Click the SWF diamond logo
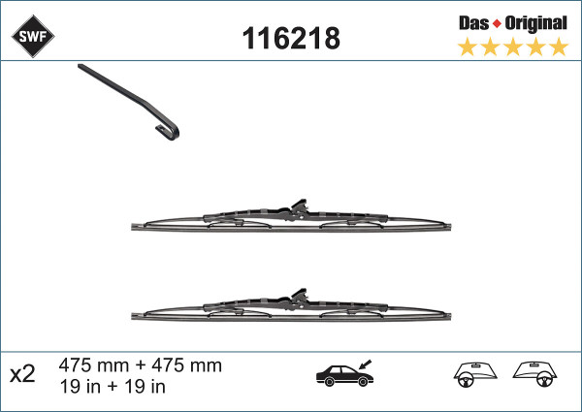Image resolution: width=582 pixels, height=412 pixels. point(33,36)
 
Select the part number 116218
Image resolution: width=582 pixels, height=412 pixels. point(291,38)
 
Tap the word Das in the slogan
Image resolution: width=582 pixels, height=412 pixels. point(473,23)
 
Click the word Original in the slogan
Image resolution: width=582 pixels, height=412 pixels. point(535,24)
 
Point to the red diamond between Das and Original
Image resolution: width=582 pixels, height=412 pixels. point(497,24)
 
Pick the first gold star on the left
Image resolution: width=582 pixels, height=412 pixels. point(467,48)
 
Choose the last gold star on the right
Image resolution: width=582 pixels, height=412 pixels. point(559,48)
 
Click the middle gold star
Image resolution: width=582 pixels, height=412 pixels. point(513,48)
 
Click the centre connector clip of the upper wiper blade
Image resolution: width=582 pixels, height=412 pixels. point(299,208)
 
